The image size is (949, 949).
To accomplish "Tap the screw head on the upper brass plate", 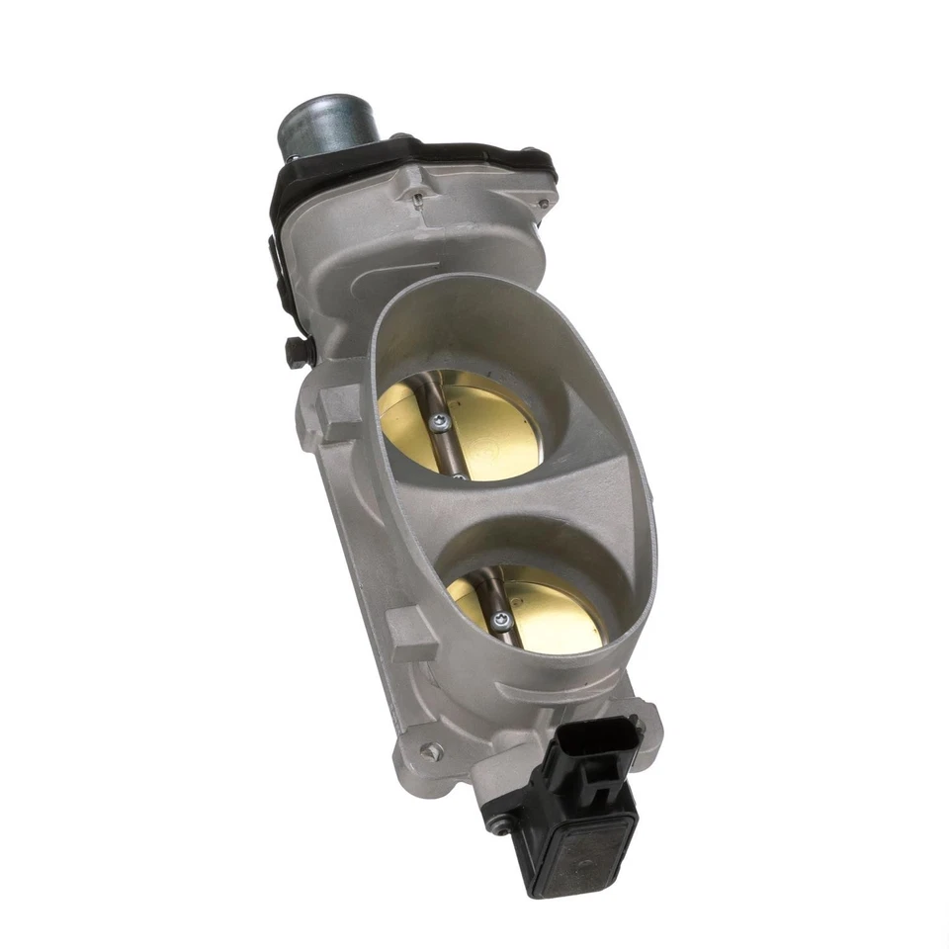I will pyautogui.click(x=440, y=422).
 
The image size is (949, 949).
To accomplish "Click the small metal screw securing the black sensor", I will pyautogui.click(x=500, y=826).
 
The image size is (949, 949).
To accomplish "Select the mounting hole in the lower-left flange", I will pyautogui.click(x=427, y=752).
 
